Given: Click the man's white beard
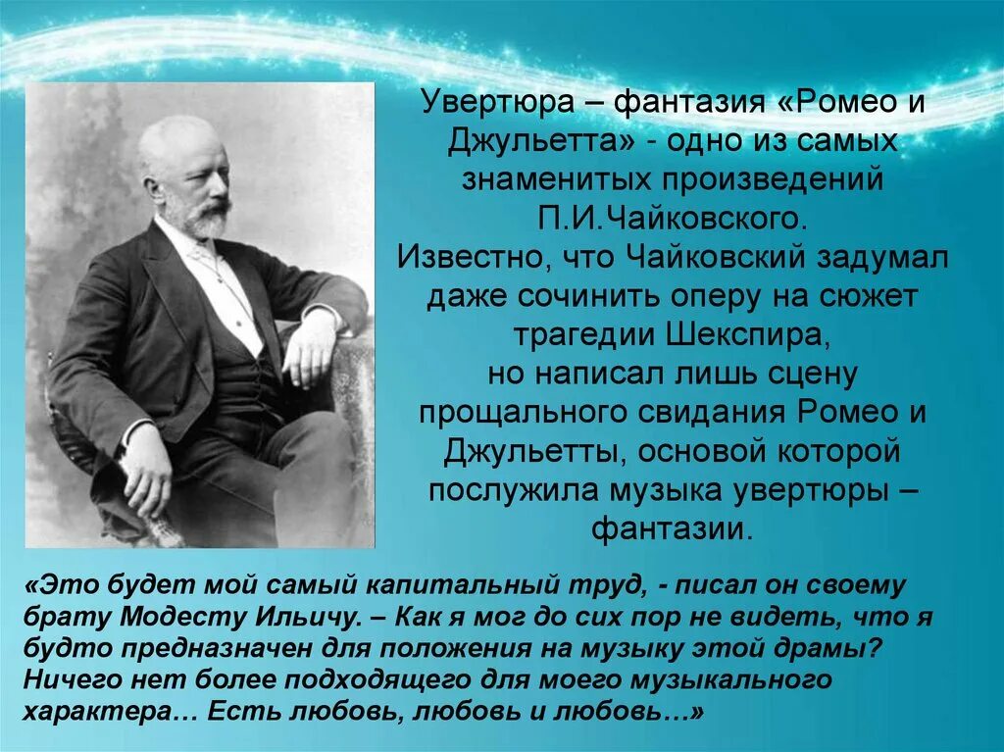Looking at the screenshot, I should (x=209, y=222).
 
